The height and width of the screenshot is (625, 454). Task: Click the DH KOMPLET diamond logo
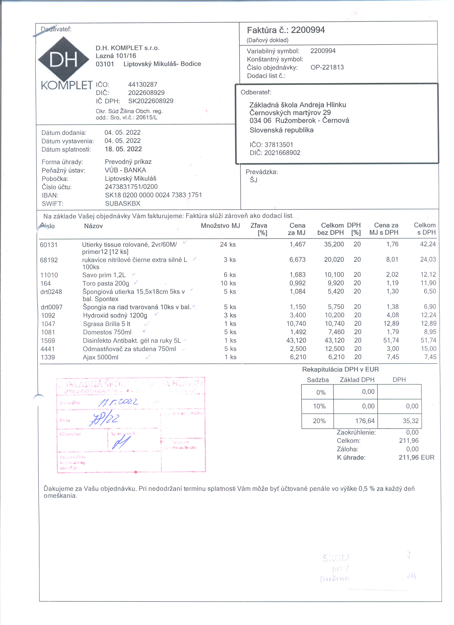(63, 59)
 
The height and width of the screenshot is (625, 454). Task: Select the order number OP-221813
(327, 67)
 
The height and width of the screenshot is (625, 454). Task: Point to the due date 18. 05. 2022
(123, 149)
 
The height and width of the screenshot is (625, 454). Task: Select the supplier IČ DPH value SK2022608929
(151, 101)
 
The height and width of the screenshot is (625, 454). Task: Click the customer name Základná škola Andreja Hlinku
(298, 105)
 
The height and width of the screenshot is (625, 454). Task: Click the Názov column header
(93, 226)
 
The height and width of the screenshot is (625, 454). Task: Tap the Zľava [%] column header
(259, 229)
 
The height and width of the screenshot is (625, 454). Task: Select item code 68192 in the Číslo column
(49, 260)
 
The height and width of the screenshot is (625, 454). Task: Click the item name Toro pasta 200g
(106, 283)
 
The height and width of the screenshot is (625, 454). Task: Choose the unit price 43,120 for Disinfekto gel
(296, 340)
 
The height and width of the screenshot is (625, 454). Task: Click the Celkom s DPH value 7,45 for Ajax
(430, 357)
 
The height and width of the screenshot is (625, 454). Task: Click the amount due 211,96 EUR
(416, 457)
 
